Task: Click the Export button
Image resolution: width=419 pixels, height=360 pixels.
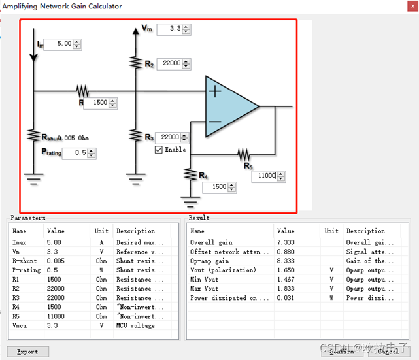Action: [x=27, y=352]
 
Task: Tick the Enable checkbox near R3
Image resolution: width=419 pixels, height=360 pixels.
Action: [x=158, y=150]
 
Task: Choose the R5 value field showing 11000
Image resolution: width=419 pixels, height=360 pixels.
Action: [x=267, y=176]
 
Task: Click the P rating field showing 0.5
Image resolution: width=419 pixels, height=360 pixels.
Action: [x=75, y=153]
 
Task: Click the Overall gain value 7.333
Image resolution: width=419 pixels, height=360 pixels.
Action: [x=286, y=242]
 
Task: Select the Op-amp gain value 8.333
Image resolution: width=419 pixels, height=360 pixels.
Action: [x=286, y=261]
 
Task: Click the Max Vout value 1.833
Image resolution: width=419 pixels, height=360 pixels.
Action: [x=286, y=288]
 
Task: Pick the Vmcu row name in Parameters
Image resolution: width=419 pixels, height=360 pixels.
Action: [x=20, y=325]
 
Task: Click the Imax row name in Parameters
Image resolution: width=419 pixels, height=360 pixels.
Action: [x=20, y=242]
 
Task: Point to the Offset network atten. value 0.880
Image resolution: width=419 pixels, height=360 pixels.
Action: [x=286, y=252]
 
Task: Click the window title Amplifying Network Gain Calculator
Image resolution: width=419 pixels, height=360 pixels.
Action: [x=62, y=7]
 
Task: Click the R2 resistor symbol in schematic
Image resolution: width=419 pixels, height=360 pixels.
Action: [x=135, y=61]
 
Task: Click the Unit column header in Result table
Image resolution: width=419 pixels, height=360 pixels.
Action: [x=331, y=231]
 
